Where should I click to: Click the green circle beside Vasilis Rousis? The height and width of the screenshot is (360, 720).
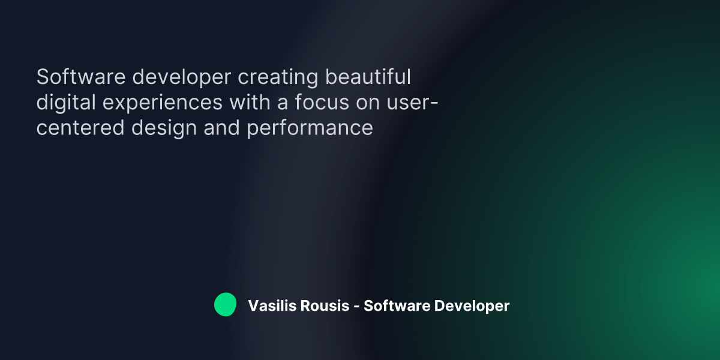point(225,305)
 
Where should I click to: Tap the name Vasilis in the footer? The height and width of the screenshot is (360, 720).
point(269,306)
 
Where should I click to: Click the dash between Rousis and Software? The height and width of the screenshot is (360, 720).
point(356,307)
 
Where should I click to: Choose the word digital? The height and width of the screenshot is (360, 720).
point(65,103)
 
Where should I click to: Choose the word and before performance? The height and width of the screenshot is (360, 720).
point(223,128)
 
